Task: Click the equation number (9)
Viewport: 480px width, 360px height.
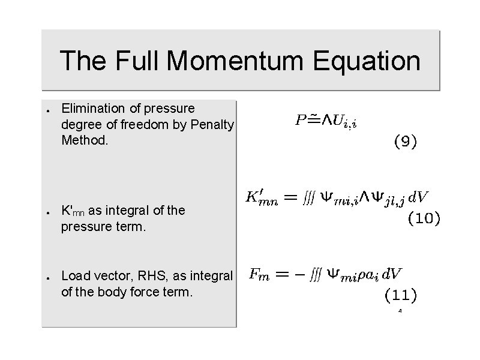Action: tap(405, 142)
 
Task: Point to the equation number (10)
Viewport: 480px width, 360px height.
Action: tap(424, 218)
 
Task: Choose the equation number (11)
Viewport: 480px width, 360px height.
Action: tap(400, 294)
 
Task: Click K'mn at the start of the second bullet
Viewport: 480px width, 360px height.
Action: tap(73, 211)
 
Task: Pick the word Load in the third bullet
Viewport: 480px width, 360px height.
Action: tap(73, 276)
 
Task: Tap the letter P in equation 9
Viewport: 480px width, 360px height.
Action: tap(301, 120)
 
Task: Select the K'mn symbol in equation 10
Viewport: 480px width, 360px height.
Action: tap(262, 197)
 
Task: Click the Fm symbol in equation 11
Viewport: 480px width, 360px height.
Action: tap(259, 274)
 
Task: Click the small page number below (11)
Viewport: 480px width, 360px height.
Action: tap(400, 311)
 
